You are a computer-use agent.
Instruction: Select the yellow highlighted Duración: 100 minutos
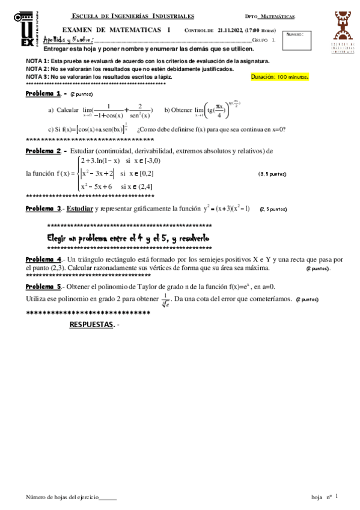(279, 77)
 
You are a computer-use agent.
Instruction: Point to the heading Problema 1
(43, 94)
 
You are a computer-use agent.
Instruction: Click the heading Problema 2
(43, 151)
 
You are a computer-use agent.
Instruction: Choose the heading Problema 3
(43, 209)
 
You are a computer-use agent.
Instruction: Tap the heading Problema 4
(43, 259)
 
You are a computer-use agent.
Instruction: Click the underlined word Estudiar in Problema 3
(79, 209)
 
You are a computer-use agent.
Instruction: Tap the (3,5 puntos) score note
(272, 174)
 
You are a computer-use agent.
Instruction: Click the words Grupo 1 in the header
(264, 40)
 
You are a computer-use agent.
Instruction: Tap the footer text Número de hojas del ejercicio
(70, 497)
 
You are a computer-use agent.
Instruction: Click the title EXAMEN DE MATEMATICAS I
(116, 29)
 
